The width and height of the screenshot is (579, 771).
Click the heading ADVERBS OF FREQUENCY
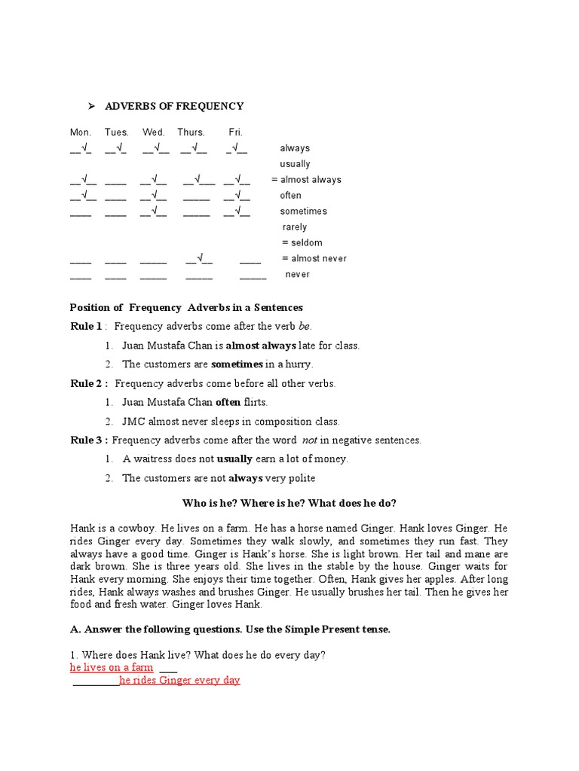[174, 106]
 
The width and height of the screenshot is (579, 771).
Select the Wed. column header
[153, 133]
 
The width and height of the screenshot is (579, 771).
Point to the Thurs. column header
[191, 133]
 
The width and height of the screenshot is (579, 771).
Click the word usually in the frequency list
[295, 164]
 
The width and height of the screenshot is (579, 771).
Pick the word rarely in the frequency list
[295, 227]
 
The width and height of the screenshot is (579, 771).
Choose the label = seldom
[302, 243]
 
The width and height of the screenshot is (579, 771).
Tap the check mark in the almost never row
[201, 258]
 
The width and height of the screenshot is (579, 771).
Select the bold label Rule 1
[85, 326]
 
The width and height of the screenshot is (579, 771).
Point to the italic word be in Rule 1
[305, 327]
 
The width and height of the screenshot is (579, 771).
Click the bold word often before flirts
[228, 403]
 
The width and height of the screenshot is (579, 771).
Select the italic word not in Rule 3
[309, 440]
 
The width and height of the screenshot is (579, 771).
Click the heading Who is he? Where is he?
[289, 503]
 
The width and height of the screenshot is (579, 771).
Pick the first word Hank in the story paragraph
[82, 529]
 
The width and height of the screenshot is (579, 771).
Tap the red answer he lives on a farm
[112, 668]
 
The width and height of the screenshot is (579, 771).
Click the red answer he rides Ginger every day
[179, 681]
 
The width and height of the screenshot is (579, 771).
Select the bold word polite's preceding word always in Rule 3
[246, 478]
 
